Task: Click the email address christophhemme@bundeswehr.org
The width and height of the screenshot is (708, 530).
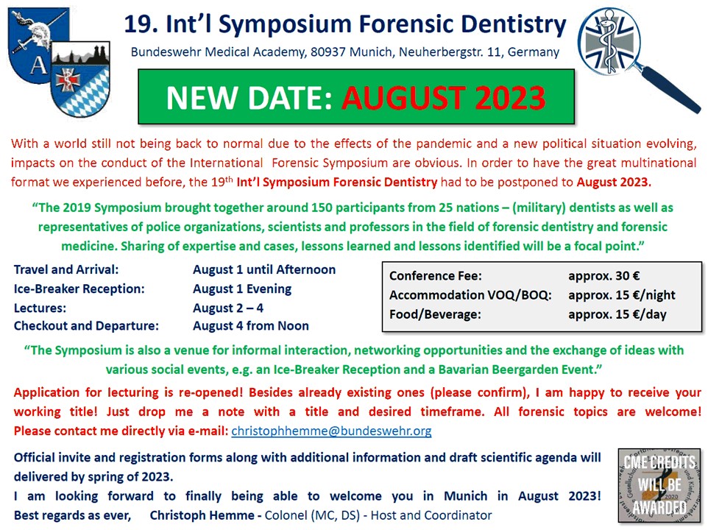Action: pos(331,431)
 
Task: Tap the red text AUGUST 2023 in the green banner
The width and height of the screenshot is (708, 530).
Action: pos(443,97)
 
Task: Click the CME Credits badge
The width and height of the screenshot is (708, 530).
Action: pos(659,485)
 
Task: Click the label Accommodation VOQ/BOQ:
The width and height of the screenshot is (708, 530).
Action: pos(470,295)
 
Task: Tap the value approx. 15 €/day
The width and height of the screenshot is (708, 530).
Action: pos(617,314)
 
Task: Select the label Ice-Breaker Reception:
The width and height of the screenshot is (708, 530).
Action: pos(79,289)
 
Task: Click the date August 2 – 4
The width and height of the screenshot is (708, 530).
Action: pos(228,308)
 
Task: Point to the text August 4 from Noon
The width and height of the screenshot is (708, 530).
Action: pos(251,326)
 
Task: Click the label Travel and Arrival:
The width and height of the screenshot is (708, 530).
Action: pos(66,269)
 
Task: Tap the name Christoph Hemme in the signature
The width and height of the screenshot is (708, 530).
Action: pos(202,515)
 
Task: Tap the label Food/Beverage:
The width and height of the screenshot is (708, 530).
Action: pos(435,314)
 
